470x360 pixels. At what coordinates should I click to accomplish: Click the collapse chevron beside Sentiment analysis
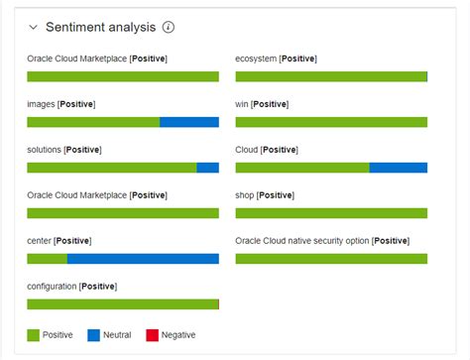[x=34, y=28]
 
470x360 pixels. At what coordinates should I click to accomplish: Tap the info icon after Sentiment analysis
[x=169, y=28]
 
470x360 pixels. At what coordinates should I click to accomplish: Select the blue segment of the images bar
[x=188, y=122]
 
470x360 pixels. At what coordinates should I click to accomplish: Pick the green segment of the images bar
[x=93, y=122]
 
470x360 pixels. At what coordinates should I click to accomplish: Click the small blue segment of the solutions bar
[x=207, y=168]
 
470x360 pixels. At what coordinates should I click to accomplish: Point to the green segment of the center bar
[x=47, y=259]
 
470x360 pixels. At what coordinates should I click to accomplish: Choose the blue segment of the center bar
[x=143, y=259]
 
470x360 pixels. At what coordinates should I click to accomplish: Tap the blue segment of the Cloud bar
[x=398, y=168]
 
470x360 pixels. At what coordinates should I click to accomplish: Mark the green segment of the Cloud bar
[x=301, y=168]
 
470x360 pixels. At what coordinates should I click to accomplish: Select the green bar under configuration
[x=122, y=304]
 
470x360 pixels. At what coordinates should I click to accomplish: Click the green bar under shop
[x=331, y=213]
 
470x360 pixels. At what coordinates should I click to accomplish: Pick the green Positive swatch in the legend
[x=33, y=335]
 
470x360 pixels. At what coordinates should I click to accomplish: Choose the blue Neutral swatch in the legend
[x=93, y=335]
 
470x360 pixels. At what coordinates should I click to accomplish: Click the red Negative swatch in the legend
[x=152, y=335]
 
